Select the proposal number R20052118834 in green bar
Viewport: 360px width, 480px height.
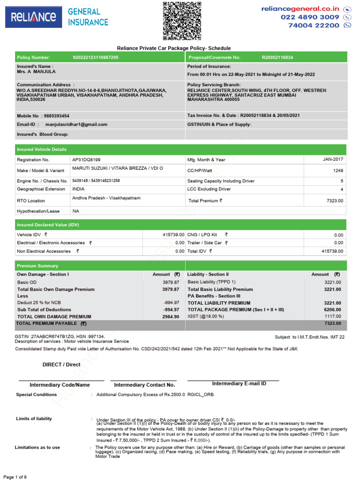(277, 57)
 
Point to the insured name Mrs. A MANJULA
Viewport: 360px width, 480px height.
(36, 72)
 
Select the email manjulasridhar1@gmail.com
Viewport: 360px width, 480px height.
(76, 125)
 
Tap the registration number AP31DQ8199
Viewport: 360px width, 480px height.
(86, 160)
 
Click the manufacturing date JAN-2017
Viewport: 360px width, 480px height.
(333, 159)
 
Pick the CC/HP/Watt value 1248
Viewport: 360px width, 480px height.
(338, 171)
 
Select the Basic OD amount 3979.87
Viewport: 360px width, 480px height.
(171, 282)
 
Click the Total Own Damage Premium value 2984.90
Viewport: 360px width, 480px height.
(171, 316)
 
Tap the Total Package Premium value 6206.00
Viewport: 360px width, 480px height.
(332, 310)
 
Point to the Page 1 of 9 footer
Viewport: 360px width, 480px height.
(15, 477)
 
